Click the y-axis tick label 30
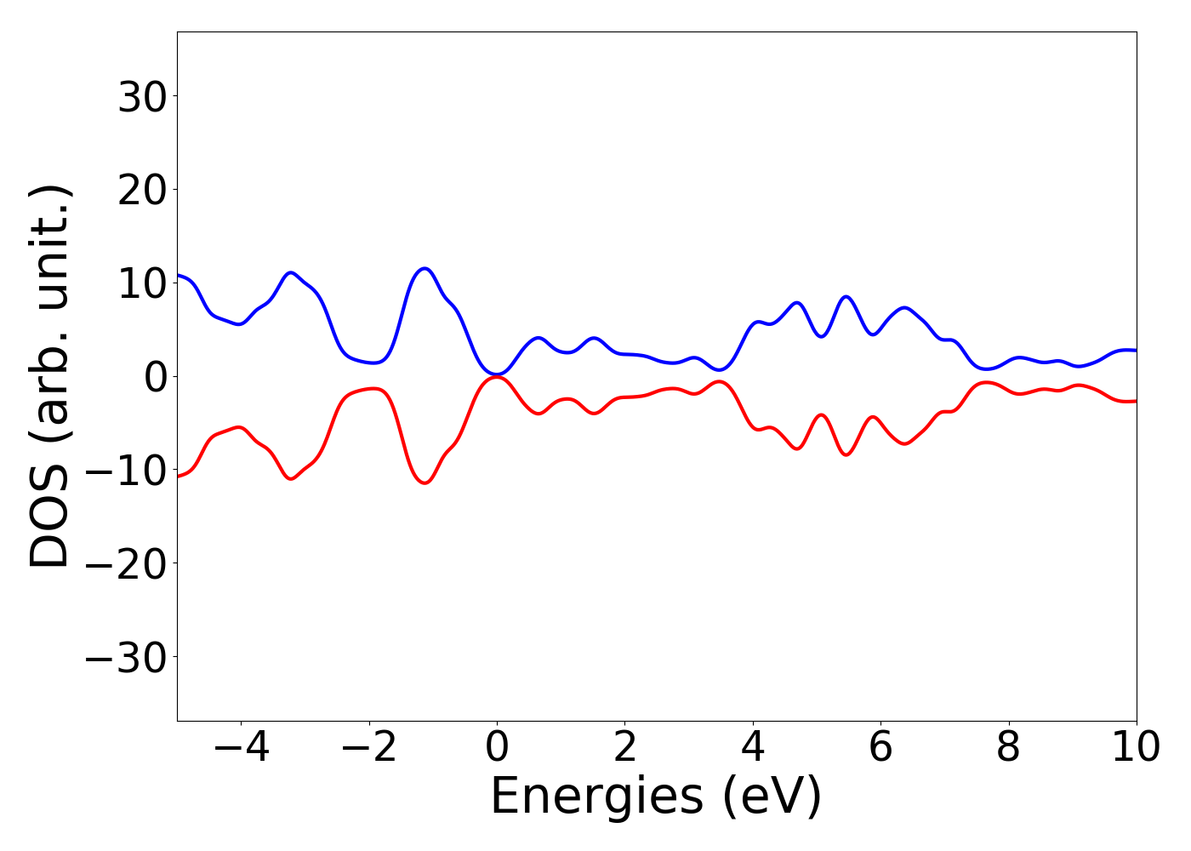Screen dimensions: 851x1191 [141, 97]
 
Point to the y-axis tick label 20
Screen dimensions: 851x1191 [141, 191]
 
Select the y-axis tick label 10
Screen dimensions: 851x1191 [141, 284]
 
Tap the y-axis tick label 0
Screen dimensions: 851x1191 [156, 377]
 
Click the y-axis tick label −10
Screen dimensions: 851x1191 [127, 471]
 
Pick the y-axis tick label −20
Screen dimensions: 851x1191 [127, 564]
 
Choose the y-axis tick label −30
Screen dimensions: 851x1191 [127, 658]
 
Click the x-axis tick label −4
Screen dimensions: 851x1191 [241, 748]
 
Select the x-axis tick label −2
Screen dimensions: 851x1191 [369, 748]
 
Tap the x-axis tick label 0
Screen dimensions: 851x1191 [497, 748]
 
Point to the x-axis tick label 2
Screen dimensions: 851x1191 [625, 748]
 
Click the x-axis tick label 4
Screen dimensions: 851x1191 [753, 748]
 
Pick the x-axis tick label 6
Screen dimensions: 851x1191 [880, 748]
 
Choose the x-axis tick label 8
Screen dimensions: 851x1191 [1008, 748]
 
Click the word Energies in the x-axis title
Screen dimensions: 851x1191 [596, 797]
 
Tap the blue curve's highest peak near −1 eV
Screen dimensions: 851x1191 [425, 269]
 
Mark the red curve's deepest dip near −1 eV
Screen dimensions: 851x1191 [425, 483]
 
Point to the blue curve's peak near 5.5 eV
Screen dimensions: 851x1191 [846, 297]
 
